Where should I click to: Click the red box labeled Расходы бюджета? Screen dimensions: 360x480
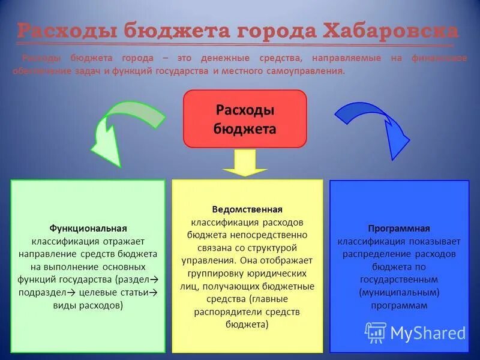click(245, 119)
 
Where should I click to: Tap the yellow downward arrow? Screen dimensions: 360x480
click(245, 162)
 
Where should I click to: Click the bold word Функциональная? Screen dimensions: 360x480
click(88, 229)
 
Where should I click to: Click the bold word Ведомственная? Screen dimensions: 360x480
click(247, 209)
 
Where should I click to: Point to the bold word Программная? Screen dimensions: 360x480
click(399, 229)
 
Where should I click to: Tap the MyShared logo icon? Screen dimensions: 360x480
click(376, 332)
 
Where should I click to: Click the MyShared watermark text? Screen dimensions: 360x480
click(428, 333)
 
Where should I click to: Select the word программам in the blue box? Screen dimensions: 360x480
click(399, 305)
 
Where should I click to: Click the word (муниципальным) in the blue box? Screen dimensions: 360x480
click(399, 292)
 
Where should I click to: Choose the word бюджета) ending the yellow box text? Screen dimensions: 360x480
click(247, 324)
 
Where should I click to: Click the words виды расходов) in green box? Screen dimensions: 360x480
click(88, 305)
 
